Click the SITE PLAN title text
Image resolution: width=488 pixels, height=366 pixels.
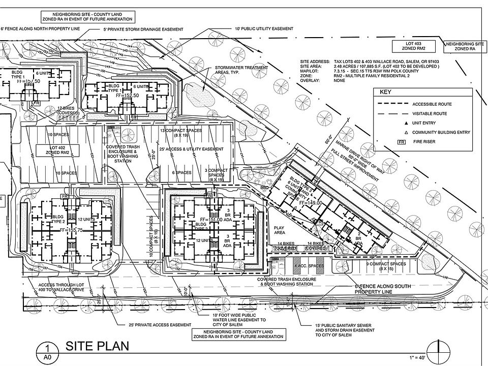(97, 346)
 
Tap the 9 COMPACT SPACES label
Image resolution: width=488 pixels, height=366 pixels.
(392, 263)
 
